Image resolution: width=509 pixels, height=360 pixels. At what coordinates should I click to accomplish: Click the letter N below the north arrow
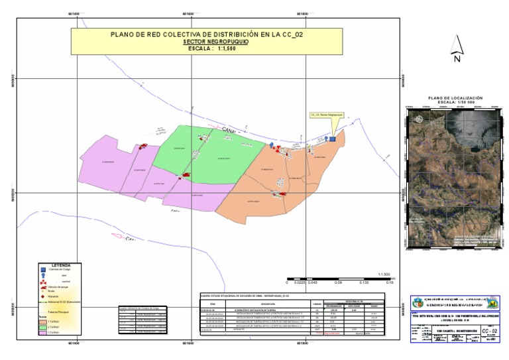click(x=457, y=59)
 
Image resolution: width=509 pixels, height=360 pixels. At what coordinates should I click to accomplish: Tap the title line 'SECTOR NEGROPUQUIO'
click(x=209, y=41)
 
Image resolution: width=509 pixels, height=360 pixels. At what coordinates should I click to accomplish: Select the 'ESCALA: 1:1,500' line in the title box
click(x=209, y=48)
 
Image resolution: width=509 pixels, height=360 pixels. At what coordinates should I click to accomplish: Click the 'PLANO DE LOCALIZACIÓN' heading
click(x=456, y=97)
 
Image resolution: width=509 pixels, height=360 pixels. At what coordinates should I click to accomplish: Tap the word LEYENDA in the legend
click(x=66, y=265)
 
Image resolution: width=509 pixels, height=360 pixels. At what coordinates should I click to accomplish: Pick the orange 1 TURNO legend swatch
click(x=44, y=320)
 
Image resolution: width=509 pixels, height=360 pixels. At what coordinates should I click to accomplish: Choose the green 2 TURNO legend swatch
click(x=44, y=327)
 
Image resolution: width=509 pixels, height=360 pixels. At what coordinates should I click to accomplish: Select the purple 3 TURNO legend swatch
click(x=44, y=333)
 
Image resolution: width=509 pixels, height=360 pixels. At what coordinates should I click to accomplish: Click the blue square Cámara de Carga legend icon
click(x=44, y=270)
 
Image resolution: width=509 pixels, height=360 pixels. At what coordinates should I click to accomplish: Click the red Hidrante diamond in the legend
click(x=44, y=295)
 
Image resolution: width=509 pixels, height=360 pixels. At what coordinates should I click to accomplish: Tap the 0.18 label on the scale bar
click(x=390, y=282)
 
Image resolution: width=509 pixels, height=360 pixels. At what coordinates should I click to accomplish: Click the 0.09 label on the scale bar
click(x=338, y=282)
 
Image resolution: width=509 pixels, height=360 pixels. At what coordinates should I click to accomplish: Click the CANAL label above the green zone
click(x=229, y=129)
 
